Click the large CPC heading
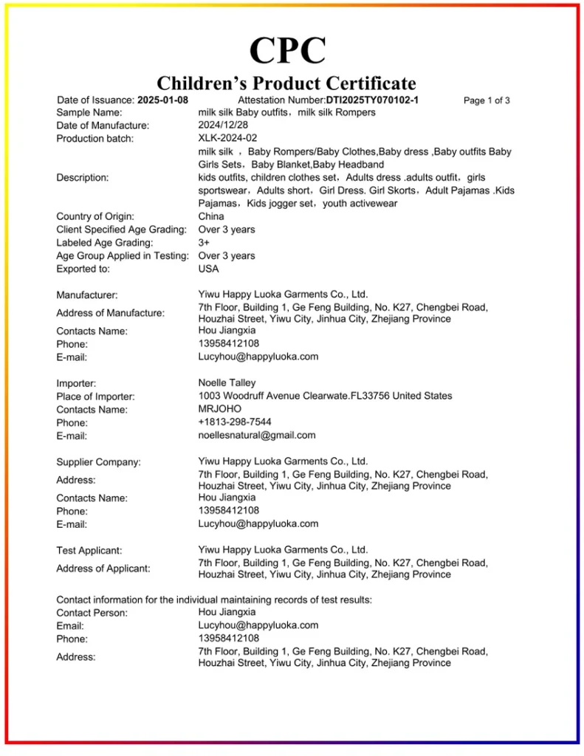[x=287, y=50]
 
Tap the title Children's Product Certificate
[x=286, y=83]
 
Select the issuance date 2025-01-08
[x=162, y=100]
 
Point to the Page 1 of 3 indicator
[x=486, y=100]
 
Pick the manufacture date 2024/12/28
[x=223, y=126]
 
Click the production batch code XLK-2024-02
[x=227, y=138]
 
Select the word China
[x=211, y=216]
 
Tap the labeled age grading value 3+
[x=205, y=242]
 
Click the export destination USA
[x=209, y=269]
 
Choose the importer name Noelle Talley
[x=227, y=382]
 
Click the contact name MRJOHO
[x=219, y=408]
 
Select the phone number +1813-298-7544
[x=235, y=422]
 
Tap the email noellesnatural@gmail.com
[x=257, y=435]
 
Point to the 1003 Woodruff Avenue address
[x=325, y=396]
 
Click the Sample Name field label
[x=89, y=112]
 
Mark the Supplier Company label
[x=98, y=462]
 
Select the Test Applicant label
[x=89, y=550]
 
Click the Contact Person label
[x=92, y=613]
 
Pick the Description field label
[x=83, y=177]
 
